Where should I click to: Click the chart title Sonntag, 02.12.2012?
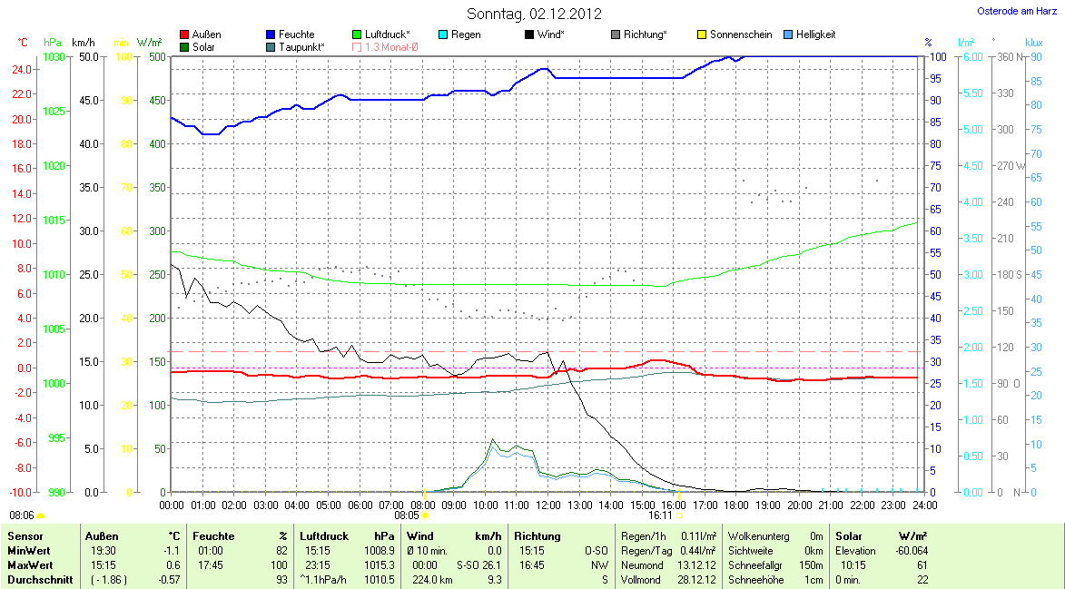pos(534,14)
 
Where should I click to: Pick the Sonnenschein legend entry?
pos(740,34)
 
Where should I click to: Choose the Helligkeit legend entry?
pos(815,34)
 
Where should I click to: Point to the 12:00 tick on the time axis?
pos(547,505)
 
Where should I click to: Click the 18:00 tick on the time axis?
pos(736,505)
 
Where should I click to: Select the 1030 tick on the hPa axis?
pos(54,56)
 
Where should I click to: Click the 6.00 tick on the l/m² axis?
pos(972,56)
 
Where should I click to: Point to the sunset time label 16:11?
pos(660,515)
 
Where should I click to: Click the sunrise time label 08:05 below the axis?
pos(407,515)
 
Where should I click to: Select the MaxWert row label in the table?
pos(29,565)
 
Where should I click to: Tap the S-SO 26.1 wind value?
pos(480,565)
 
